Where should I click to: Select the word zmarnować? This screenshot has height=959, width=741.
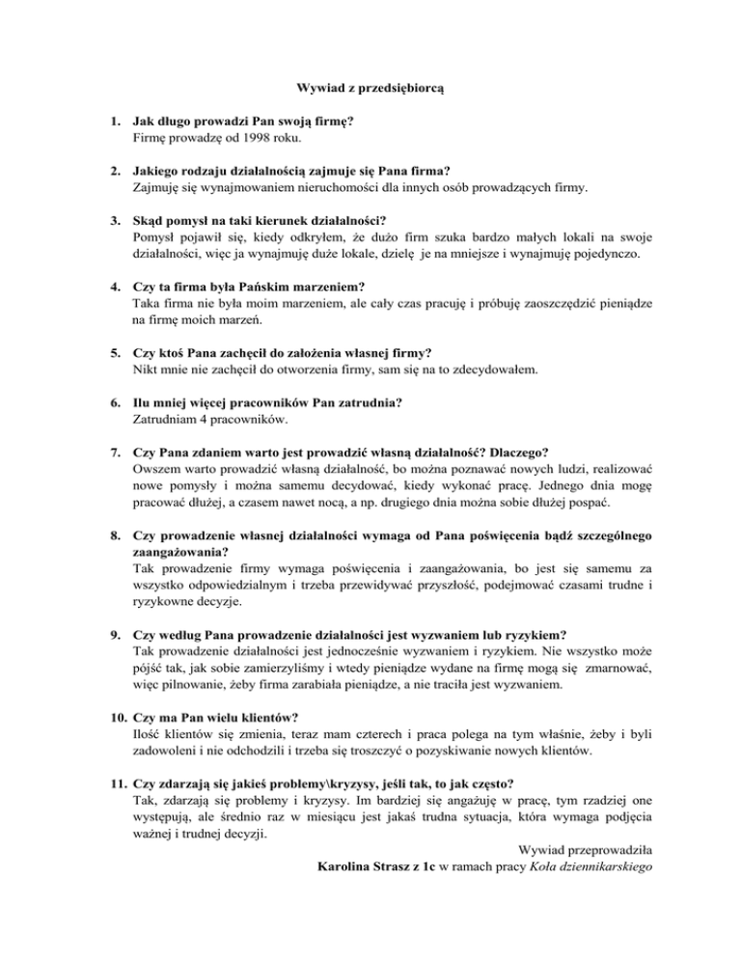coord(615,670)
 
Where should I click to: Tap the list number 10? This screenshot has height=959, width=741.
coord(117,718)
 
